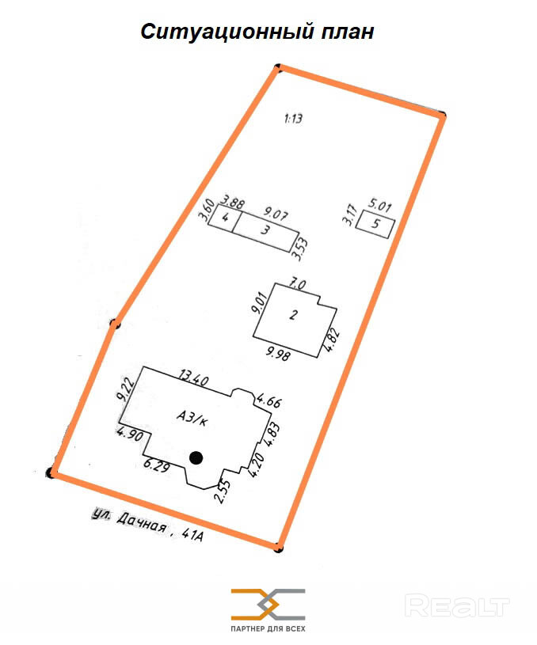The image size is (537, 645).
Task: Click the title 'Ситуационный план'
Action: point(257,32)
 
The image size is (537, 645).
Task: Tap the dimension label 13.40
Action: point(194,377)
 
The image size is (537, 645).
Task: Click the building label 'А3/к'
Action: point(192,419)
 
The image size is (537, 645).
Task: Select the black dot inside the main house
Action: point(196,458)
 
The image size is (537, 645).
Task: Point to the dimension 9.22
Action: point(125,389)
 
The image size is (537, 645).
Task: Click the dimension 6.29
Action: point(157,465)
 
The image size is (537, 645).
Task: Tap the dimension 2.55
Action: point(223,491)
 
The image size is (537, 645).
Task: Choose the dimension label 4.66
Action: point(269,400)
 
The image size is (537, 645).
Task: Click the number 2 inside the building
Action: point(293,315)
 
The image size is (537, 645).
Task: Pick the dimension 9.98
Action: point(278,353)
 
